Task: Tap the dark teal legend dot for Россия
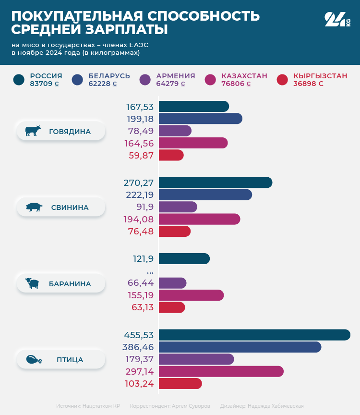pos(19,80)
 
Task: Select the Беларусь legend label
pos(109,76)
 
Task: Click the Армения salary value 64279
pos(168,84)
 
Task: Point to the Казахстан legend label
pos(244,76)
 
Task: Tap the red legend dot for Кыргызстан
pos(282,80)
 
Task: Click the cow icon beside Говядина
pos(33,131)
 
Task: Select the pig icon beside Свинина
pos(34,207)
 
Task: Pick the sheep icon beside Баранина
pos(33,283)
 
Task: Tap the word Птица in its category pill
pos(70,360)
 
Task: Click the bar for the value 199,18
pos(200,119)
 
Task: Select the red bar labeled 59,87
pos(171,155)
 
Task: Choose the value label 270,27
pos(139,183)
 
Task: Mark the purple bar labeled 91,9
pos(178,207)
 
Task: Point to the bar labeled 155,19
pos(191,295)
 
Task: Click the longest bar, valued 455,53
pos(254,335)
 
